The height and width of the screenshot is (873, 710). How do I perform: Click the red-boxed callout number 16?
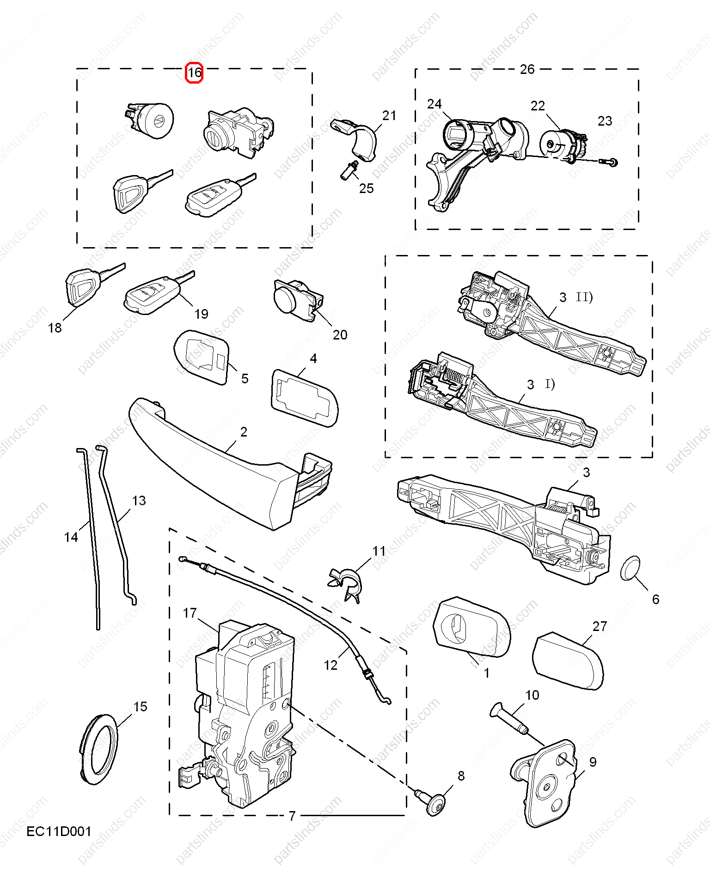194,73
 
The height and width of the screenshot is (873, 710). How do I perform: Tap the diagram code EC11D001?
59,831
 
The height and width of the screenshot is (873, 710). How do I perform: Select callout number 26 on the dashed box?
527,69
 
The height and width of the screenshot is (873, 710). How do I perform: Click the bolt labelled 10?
509,718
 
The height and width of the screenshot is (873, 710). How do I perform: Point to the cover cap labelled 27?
568,661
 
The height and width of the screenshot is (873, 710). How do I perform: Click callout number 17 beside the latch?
190,613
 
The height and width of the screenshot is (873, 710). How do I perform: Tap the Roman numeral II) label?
584,297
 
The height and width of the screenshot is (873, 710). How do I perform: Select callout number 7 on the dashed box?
292,816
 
